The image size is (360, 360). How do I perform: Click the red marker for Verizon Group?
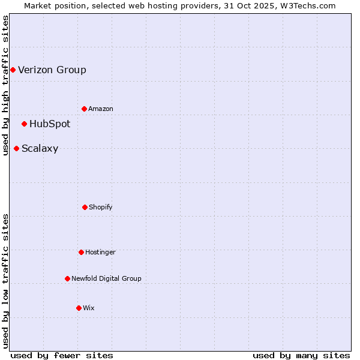pyautogui.click(x=13, y=70)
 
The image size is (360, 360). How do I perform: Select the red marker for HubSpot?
pyautogui.click(x=24, y=124)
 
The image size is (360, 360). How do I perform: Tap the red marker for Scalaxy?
pyautogui.click(x=16, y=149)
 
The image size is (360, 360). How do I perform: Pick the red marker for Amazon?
pyautogui.click(x=84, y=109)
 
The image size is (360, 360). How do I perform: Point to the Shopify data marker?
pyautogui.click(x=85, y=207)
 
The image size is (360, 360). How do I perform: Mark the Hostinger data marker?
pyautogui.click(x=81, y=252)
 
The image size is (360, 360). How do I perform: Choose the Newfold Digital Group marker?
pyautogui.click(x=67, y=278)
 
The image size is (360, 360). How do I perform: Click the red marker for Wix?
pyautogui.click(x=79, y=308)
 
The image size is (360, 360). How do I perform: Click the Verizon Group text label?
pyautogui.click(x=52, y=70)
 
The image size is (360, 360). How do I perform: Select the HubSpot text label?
pyautogui.click(x=50, y=124)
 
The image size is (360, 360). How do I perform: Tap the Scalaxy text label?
pyautogui.click(x=40, y=149)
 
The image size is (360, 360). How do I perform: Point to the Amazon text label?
pyautogui.click(x=101, y=109)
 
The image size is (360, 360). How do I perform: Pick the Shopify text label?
pyautogui.click(x=101, y=207)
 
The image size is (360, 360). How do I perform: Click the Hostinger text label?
pyautogui.click(x=100, y=252)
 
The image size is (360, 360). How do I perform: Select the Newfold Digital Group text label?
pyautogui.click(x=106, y=278)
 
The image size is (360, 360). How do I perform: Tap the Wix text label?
pyautogui.click(x=89, y=308)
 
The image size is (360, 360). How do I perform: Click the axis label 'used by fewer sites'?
pyautogui.click(x=62, y=355)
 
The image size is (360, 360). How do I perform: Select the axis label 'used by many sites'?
pyautogui.click(x=301, y=355)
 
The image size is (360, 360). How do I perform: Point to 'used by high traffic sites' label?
pyautogui.click(x=5, y=85)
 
